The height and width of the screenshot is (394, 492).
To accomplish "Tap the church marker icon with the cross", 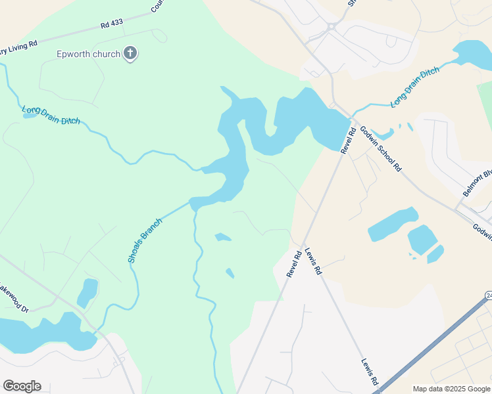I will [130, 53].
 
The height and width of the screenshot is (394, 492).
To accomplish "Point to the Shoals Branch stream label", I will [145, 241].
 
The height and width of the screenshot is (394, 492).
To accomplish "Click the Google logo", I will [22, 386].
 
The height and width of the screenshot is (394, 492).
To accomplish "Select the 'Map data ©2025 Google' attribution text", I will [451, 389].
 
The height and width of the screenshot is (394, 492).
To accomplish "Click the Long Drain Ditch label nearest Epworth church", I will [51, 115].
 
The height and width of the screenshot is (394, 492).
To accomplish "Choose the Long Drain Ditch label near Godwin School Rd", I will [414, 87].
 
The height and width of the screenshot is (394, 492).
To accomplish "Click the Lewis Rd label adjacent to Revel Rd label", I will [313, 261].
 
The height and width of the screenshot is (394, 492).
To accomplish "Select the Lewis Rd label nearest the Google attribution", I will [370, 372].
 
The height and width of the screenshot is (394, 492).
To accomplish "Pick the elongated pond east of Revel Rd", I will [393, 224].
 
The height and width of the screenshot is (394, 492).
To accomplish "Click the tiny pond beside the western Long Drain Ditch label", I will [30, 116].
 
